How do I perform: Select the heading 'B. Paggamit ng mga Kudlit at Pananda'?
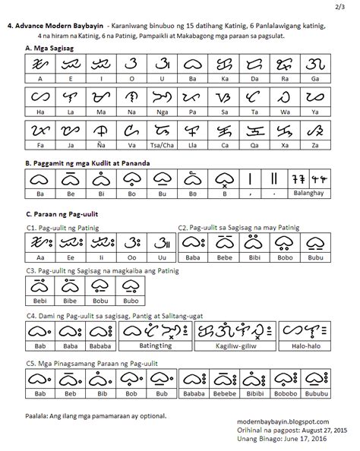click(x=84, y=162)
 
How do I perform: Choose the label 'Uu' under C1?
click(x=160, y=257)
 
